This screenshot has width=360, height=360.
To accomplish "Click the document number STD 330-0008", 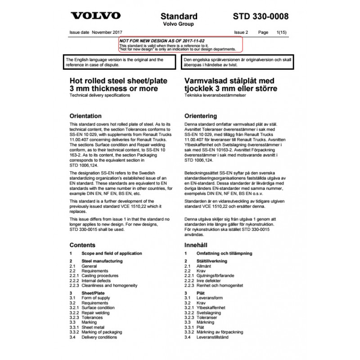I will [x=260, y=16].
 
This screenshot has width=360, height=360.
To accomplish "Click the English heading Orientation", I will [x=86, y=116].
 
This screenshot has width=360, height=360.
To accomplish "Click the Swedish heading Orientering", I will [x=201, y=116].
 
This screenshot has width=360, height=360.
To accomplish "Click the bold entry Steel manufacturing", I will [x=101, y=261].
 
